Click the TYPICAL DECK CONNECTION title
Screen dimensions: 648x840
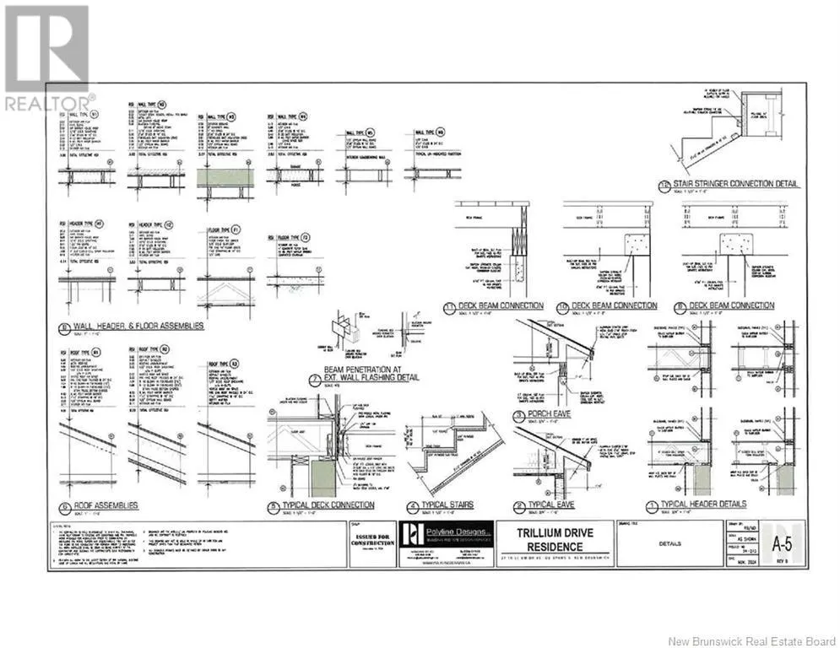pos(326,505)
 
